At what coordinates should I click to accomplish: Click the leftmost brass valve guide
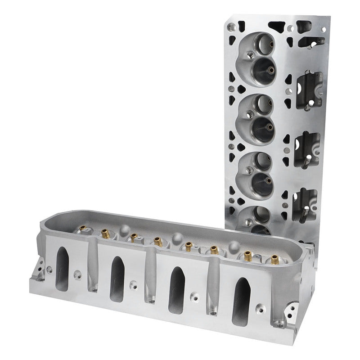coord(83,230)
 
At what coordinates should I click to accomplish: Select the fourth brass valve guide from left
coord(189,245)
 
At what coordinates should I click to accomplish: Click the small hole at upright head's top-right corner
coord(323,29)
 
